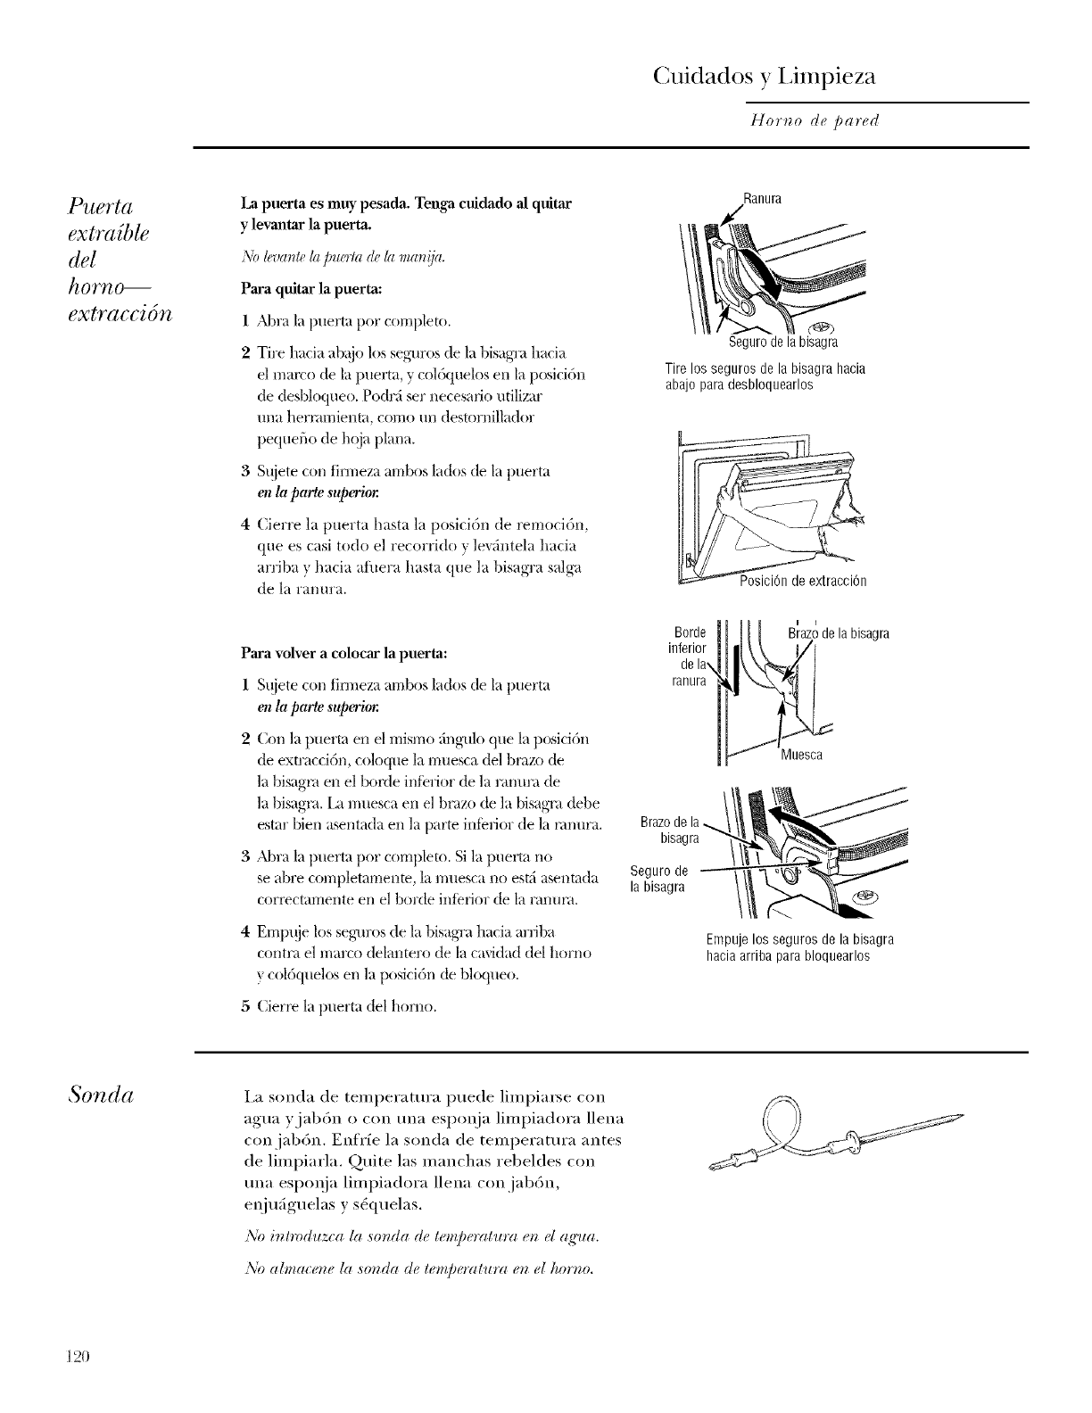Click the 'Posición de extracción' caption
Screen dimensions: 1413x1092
click(x=803, y=582)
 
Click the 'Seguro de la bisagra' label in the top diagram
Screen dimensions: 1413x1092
click(x=783, y=343)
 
